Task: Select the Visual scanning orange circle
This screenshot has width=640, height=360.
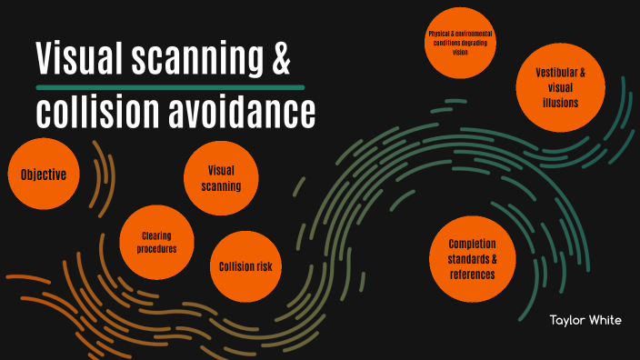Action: point(222,178)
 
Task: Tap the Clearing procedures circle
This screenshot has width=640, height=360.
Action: point(156,242)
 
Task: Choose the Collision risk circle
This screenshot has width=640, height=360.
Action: point(245,267)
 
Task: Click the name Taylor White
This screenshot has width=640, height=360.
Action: point(586,320)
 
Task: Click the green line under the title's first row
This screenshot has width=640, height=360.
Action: point(169,87)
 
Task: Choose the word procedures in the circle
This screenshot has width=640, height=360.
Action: point(156,249)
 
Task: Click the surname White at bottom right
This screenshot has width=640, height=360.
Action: point(607,320)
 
